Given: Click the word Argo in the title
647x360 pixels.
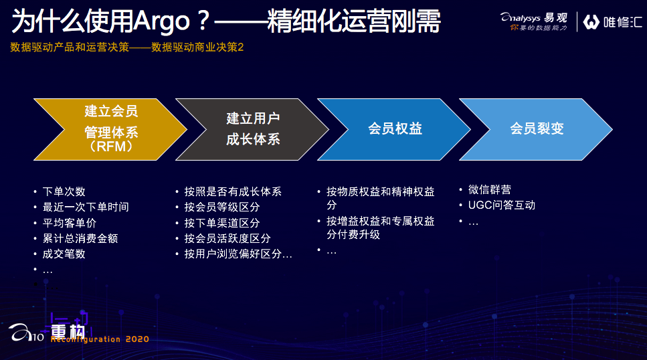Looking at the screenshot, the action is [162, 21].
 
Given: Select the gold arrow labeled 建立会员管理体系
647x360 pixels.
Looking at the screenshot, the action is [110, 129].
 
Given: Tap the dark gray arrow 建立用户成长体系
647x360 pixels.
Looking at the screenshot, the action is [252, 129].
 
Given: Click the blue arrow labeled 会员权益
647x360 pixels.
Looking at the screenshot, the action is [395, 129].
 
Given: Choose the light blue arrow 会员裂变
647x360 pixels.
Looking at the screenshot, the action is [536, 129].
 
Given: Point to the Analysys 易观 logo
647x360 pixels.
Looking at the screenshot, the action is [534, 21].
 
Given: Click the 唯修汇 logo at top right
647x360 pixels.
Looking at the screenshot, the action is [613, 22].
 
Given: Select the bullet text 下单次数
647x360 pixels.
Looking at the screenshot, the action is [64, 191].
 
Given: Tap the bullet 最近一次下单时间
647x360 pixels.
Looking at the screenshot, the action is [86, 207].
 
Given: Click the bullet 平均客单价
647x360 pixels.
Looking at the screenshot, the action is [70, 223].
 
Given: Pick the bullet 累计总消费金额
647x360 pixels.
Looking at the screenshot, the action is [80, 238].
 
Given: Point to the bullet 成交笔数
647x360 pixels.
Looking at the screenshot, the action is [64, 254].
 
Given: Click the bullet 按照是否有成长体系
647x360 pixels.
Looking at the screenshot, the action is [233, 191].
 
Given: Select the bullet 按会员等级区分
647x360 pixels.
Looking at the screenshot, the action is [222, 207].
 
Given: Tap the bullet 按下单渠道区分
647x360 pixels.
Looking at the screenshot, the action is [222, 223].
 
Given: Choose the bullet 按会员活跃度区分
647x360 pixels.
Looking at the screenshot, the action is [227, 238].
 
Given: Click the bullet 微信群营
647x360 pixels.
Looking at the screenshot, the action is [490, 189].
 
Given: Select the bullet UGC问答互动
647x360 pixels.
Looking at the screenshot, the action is [502, 205].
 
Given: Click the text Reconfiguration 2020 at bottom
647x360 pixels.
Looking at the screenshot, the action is [100, 339].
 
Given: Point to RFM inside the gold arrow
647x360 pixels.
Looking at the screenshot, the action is [111, 146].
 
